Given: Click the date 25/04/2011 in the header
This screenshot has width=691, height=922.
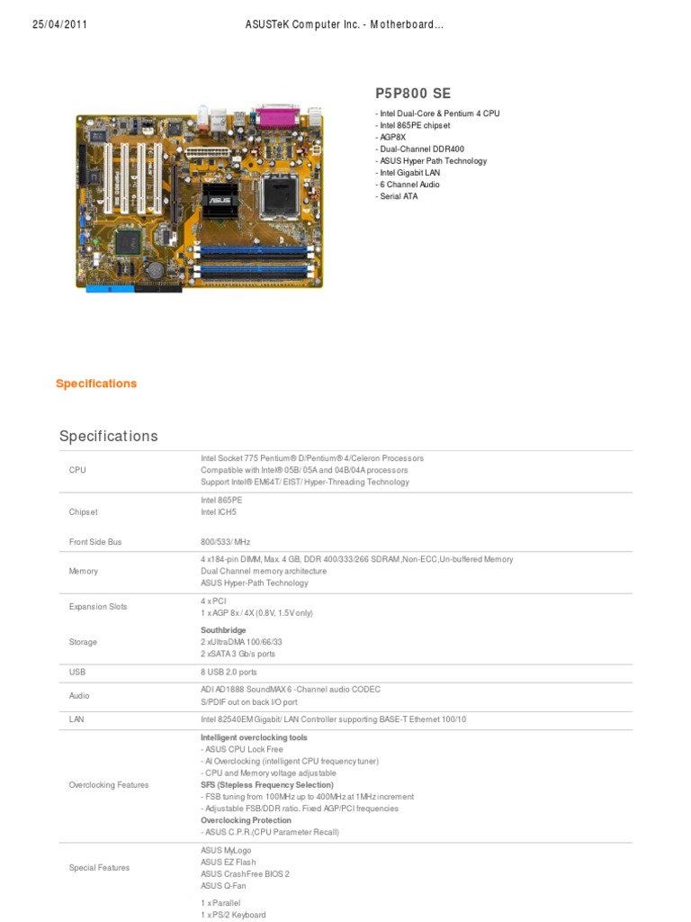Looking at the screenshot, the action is [59, 24].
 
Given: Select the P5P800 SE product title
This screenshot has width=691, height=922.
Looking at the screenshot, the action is [413, 94].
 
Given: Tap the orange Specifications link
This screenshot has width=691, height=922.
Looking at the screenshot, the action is [96, 384].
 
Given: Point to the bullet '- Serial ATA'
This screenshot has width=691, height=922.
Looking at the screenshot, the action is [397, 196].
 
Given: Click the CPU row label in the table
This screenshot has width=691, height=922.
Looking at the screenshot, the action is [78, 470].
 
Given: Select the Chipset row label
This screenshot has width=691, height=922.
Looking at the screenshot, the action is [83, 512].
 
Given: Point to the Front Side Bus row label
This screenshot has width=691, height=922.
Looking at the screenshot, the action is [95, 542].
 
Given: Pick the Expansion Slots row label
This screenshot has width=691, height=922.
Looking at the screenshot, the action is [98, 607].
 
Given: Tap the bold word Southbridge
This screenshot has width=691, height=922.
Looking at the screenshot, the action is [223, 630].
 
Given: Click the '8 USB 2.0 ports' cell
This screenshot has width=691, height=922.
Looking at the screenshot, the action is [229, 672].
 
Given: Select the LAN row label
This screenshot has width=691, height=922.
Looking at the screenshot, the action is [77, 719].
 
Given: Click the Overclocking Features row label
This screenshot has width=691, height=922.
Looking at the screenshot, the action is [109, 785].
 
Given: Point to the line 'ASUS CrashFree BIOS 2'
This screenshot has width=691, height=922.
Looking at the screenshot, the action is [245, 874].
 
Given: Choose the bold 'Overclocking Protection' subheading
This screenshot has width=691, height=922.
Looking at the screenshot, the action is [246, 820].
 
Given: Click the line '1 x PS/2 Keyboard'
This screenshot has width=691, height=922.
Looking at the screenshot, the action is [233, 915].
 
